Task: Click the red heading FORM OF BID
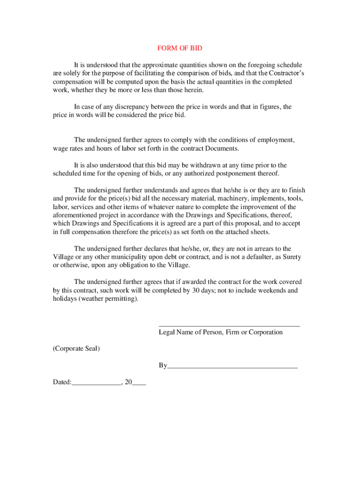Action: pos(180,48)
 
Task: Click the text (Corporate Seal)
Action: pos(76,348)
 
